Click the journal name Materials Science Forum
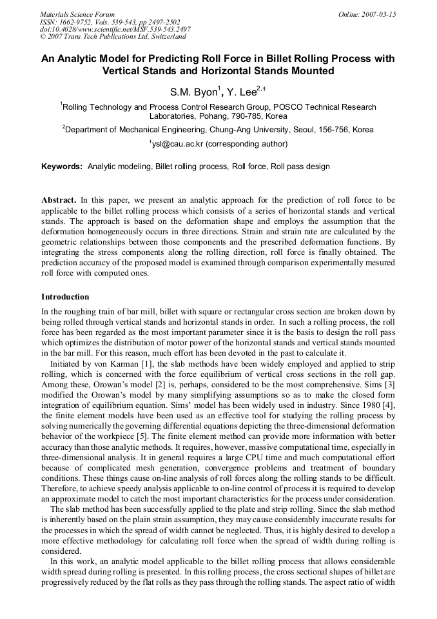(77, 14)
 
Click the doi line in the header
(115, 29)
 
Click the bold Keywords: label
(62, 167)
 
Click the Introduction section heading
(65, 297)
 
